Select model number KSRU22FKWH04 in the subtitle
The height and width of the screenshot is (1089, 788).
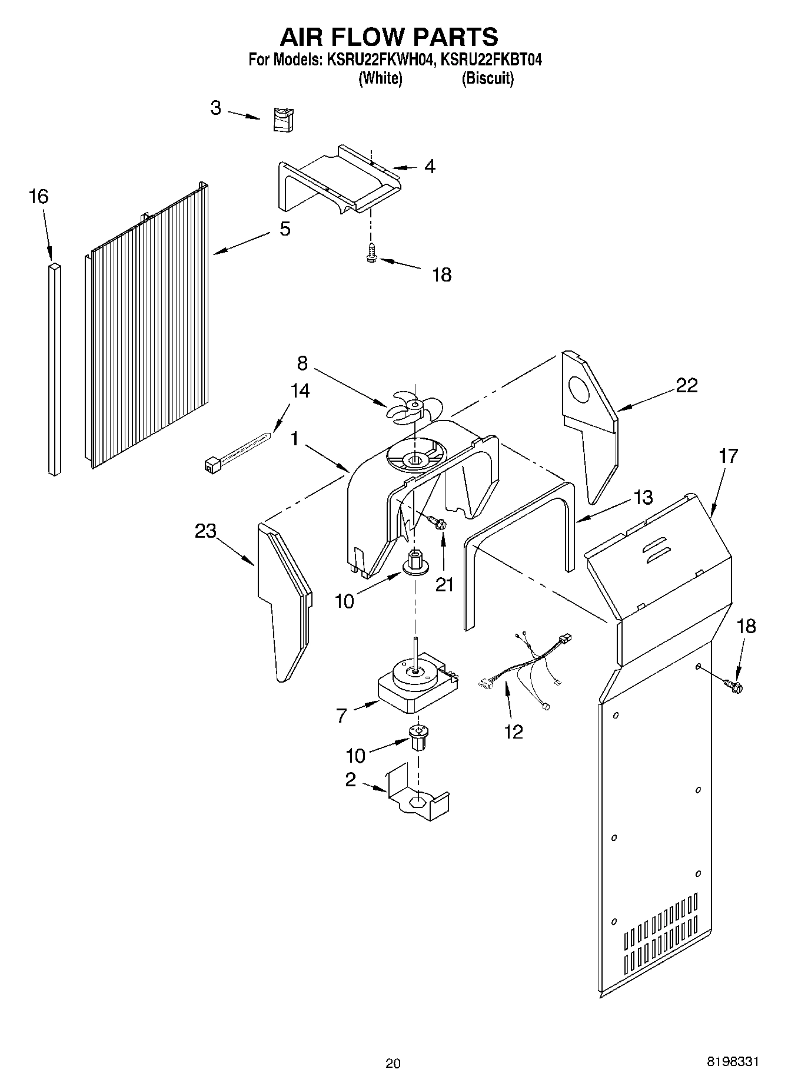pos(376,60)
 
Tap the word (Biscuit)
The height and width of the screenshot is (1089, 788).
pos(487,78)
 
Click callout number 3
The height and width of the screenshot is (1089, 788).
pos(216,108)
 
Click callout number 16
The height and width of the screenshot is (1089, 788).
pos(38,197)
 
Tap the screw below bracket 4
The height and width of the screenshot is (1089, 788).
pos(371,252)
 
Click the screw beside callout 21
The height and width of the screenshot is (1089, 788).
pos(437,521)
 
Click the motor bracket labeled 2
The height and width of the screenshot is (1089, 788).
pos(418,799)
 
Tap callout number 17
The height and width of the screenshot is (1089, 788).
pos(728,456)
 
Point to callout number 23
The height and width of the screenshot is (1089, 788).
pos(206,531)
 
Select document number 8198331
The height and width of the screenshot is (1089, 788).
pos(733,1058)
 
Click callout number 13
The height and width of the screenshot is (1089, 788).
pos(643,498)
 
